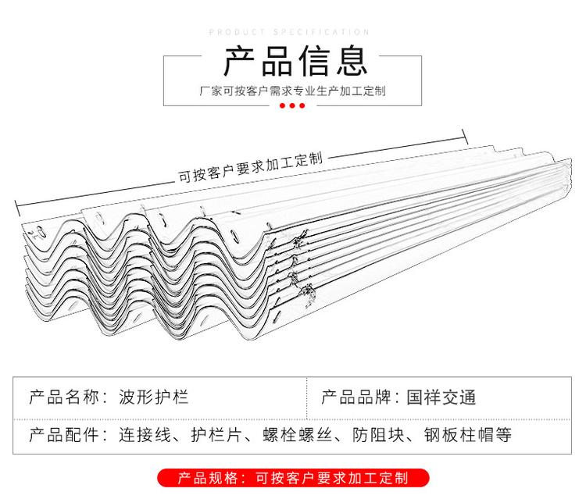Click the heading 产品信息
click(295, 61)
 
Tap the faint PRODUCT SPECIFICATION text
click(289, 32)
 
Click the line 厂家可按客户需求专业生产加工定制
click(292, 91)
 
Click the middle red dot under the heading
click(292, 105)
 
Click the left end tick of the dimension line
click(17, 208)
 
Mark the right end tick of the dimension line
click(466, 137)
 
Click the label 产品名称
click(64, 397)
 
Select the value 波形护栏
click(153, 397)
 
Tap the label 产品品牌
click(356, 397)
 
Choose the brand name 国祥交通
click(441, 397)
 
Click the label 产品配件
click(64, 435)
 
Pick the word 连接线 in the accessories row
click(145, 435)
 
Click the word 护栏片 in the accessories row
click(216, 435)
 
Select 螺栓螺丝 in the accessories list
click(297, 435)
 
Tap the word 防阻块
click(378, 435)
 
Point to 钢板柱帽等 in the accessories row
click(467, 435)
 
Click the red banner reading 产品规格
click(293, 478)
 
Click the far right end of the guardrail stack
click(570, 176)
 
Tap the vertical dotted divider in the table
click(307, 398)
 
